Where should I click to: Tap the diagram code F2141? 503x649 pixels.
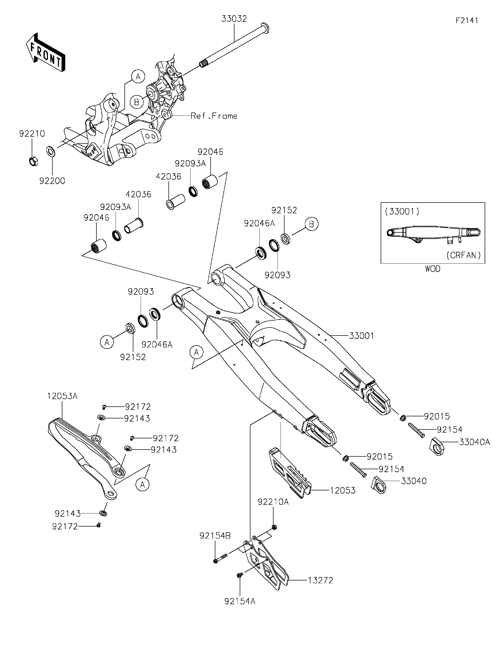[467, 20]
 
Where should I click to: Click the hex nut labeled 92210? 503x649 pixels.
[33, 161]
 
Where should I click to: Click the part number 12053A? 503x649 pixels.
[62, 396]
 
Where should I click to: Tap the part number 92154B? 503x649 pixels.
[215, 535]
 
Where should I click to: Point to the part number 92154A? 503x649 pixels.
[240, 601]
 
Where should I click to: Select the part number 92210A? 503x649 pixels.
[273, 502]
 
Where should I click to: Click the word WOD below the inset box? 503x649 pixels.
[433, 269]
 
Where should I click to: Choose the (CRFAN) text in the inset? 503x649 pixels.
[464, 255]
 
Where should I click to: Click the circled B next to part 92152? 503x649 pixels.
[311, 224]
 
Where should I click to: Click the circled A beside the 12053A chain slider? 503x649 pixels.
[143, 485]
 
